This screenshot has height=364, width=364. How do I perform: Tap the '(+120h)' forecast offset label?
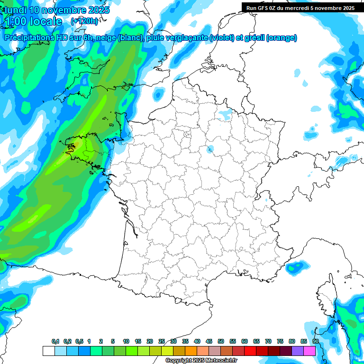pyautogui.click(x=84, y=21)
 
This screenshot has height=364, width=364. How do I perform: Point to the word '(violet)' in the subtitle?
pyautogui.click(x=222, y=38)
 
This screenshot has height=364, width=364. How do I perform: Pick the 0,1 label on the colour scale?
pyautogui.click(x=55, y=341)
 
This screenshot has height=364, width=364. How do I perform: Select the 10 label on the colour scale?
pyautogui.click(x=126, y=341)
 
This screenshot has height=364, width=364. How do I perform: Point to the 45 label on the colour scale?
pyautogui.click(x=209, y=341)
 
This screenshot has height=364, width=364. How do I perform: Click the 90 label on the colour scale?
pyautogui.click(x=315, y=341)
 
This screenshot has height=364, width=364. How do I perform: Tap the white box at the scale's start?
pyautogui.click(x=48, y=351)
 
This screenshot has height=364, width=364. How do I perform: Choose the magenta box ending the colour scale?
pyautogui.click(x=309, y=351)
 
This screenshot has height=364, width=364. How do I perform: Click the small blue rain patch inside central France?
pyautogui.click(x=210, y=150)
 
